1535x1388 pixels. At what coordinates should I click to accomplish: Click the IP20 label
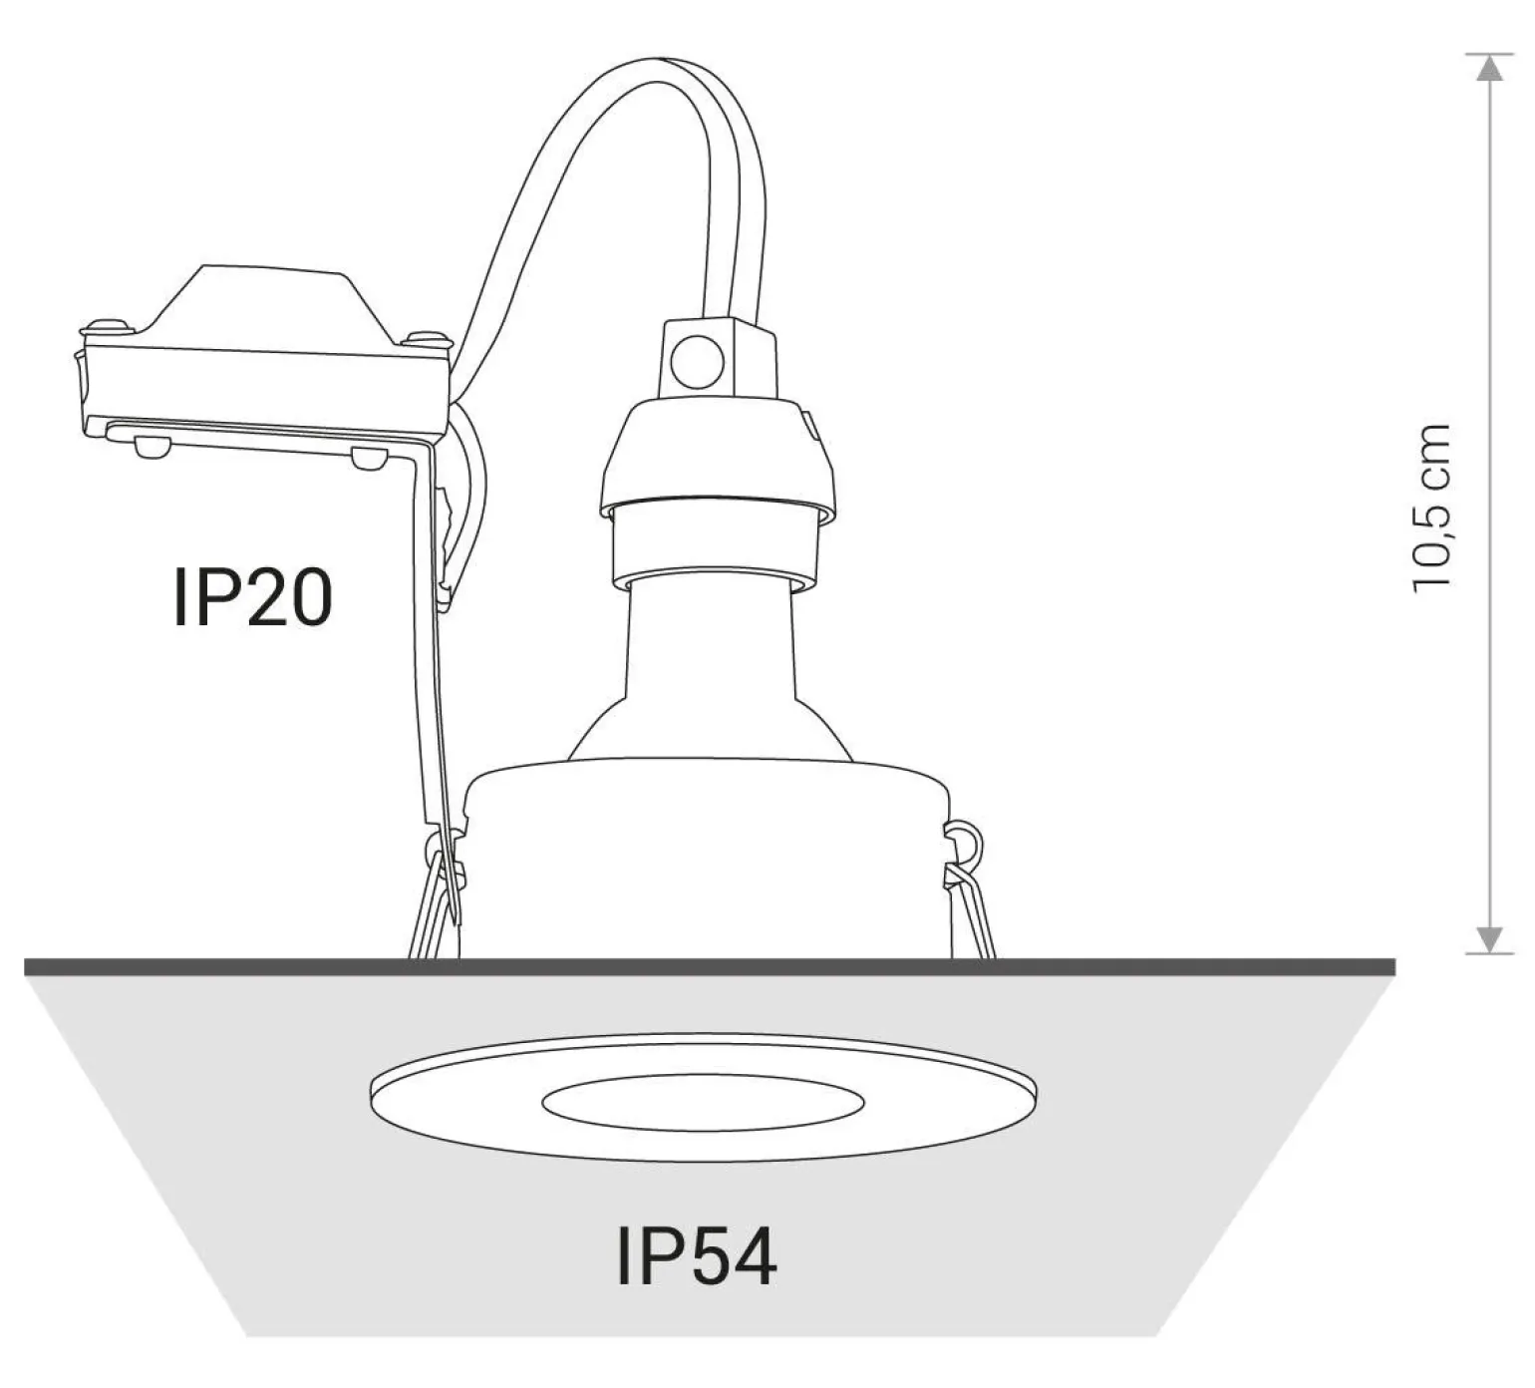pyautogui.click(x=252, y=598)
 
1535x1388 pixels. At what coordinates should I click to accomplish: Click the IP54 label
pyautogui.click(x=697, y=1256)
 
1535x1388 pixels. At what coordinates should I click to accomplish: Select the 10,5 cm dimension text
pyautogui.click(x=1433, y=506)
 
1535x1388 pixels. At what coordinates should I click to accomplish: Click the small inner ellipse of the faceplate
pyautogui.click(x=704, y=1100)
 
